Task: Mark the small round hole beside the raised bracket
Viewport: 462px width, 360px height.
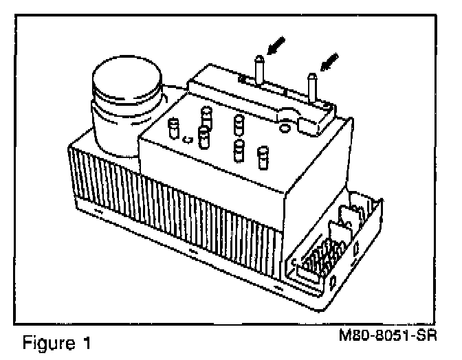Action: (x=283, y=126)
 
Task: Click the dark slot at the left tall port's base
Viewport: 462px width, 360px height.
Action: (x=244, y=81)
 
